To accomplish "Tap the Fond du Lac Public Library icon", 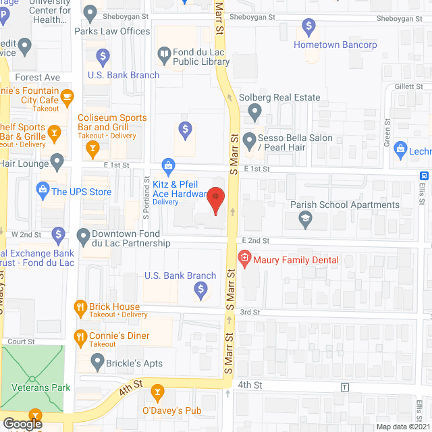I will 164,53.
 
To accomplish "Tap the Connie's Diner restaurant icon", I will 80,335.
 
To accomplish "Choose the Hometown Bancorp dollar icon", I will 308,28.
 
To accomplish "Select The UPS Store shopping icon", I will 43,192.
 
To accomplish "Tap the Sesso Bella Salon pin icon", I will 249,141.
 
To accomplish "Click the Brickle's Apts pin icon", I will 94,363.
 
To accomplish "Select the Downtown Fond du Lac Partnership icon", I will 83,237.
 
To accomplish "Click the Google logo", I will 22,423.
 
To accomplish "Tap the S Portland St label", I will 145,195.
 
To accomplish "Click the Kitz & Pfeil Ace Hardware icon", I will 169,165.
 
